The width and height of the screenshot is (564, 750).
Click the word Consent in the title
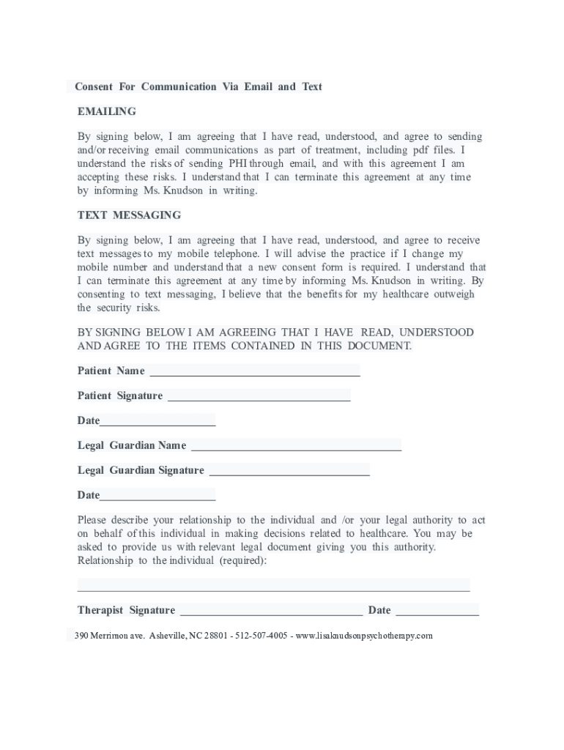(x=94, y=86)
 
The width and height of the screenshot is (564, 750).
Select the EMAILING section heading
(x=107, y=111)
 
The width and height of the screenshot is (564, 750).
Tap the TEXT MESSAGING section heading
(x=129, y=215)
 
